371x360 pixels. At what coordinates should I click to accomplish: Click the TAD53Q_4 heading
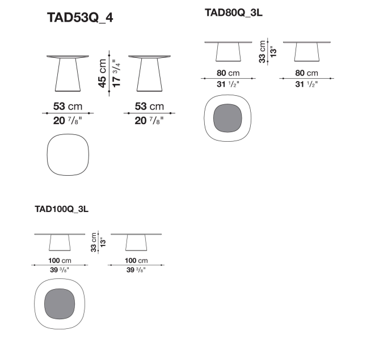click(x=80, y=18)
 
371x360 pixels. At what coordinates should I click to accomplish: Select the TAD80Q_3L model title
click(x=234, y=13)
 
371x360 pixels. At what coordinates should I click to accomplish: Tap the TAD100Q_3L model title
click(x=61, y=209)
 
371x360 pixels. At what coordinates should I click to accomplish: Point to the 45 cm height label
click(x=102, y=73)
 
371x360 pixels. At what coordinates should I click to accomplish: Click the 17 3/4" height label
click(x=116, y=73)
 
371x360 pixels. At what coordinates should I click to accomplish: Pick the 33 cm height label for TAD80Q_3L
click(x=262, y=52)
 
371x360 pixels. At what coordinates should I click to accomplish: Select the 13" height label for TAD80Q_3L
click(x=273, y=52)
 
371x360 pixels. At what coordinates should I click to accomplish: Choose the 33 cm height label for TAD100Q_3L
click(x=94, y=243)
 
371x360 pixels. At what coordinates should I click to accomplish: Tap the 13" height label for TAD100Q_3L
click(x=103, y=243)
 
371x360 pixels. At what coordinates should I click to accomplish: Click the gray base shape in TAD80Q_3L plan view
click(x=227, y=118)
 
